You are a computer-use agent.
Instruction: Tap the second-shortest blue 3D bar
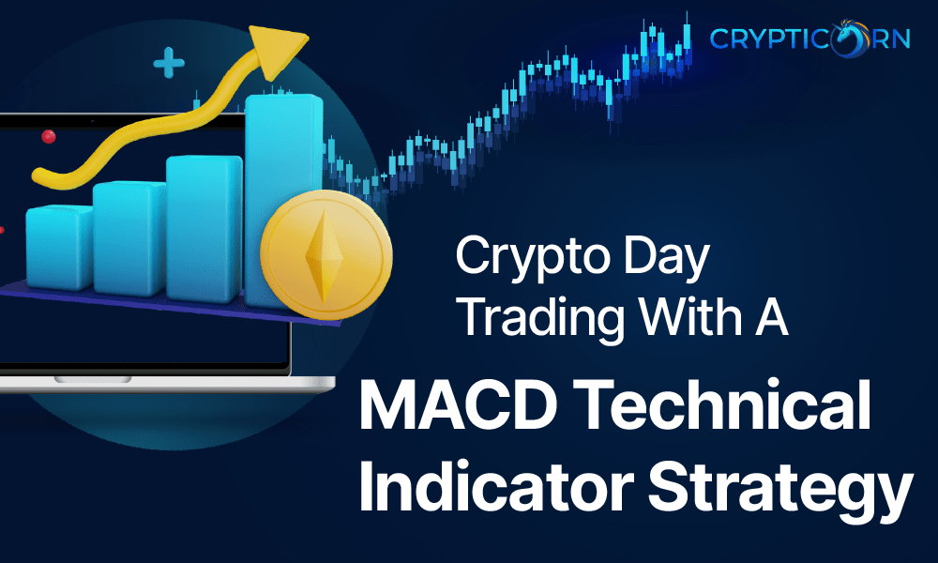tap(129, 235)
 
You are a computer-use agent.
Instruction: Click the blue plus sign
tap(169, 65)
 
